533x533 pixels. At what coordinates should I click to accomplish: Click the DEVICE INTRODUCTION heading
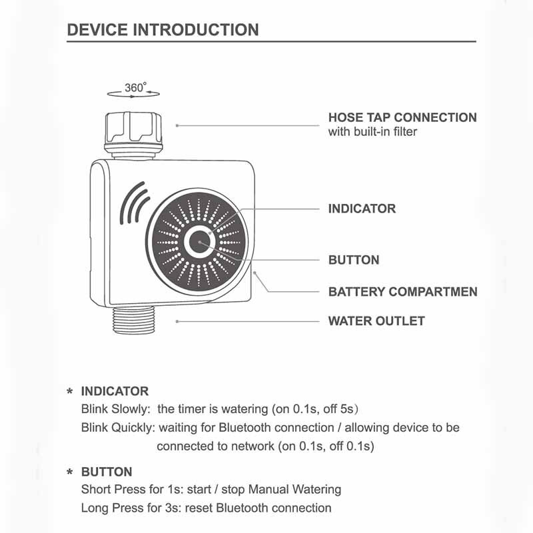(x=163, y=30)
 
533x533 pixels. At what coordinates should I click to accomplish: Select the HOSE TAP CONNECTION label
(x=402, y=118)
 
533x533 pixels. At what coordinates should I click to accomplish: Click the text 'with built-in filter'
(x=372, y=131)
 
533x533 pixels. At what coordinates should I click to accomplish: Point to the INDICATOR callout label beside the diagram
(x=362, y=209)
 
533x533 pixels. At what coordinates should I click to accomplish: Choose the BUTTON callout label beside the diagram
(x=354, y=260)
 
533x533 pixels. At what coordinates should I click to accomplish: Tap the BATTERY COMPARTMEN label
(x=403, y=292)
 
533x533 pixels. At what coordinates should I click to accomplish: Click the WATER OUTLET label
(x=376, y=321)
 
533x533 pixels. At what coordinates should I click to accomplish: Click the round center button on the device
(x=199, y=242)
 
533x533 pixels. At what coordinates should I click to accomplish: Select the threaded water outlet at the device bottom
(x=134, y=320)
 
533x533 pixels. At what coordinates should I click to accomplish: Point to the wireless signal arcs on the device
(x=134, y=203)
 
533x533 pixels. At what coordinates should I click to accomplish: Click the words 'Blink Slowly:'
(x=115, y=409)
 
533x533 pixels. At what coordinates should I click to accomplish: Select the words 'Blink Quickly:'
(x=118, y=428)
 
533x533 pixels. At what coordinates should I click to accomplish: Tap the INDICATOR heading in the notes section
(x=115, y=391)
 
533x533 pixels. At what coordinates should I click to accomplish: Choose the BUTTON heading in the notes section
(x=107, y=472)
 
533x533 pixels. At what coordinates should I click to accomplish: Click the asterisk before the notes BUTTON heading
(x=70, y=472)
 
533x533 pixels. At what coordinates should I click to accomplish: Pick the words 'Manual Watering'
(x=294, y=490)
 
